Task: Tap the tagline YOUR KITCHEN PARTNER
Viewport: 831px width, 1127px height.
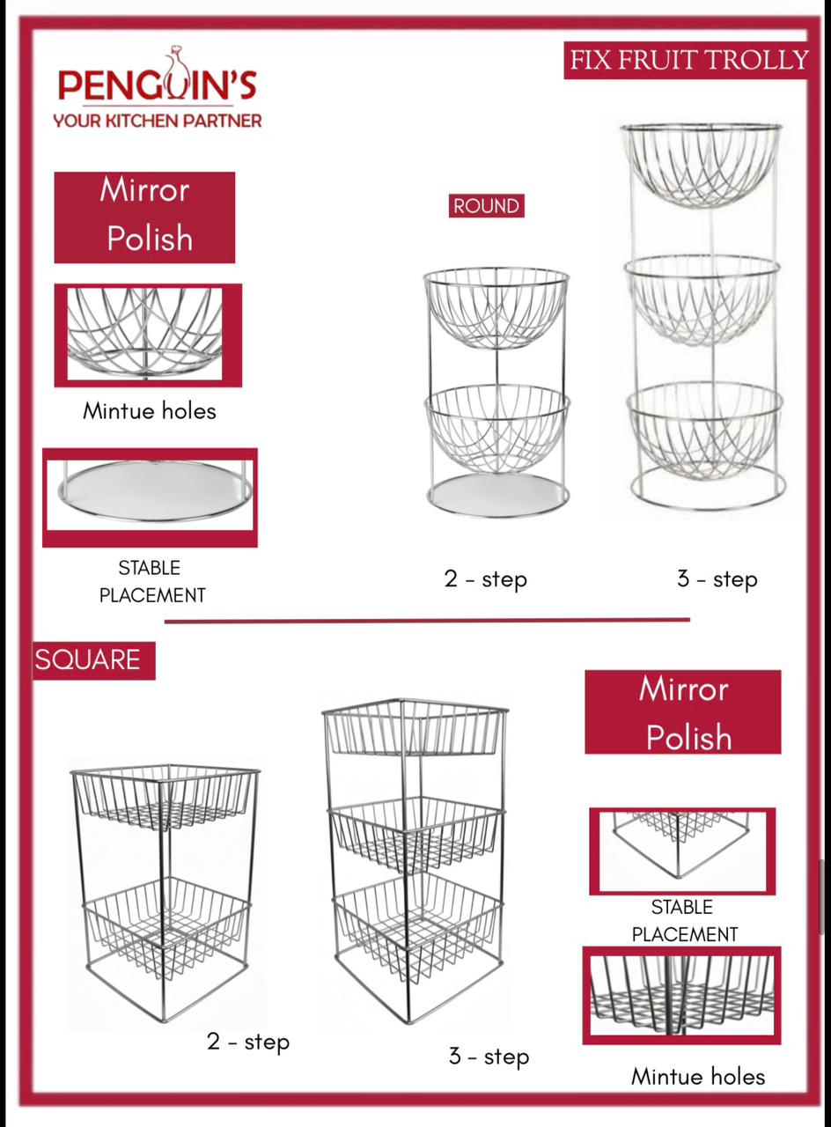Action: (x=158, y=121)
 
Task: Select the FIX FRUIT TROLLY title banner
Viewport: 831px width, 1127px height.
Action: (x=688, y=60)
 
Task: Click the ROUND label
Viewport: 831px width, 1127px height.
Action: (x=487, y=206)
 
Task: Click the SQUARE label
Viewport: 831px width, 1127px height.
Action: (x=94, y=660)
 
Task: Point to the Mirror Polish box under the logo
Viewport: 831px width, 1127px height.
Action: (x=144, y=217)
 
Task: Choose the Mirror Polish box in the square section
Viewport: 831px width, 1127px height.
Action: (x=682, y=712)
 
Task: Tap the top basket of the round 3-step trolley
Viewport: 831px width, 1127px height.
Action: (x=702, y=166)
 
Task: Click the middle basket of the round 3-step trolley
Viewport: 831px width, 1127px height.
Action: (x=702, y=301)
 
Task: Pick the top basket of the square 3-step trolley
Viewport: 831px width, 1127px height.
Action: (x=415, y=727)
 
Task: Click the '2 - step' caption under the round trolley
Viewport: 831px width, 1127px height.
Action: (x=485, y=579)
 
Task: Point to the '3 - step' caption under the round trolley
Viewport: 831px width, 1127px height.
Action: (x=717, y=579)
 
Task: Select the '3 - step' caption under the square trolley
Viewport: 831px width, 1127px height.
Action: (x=489, y=1056)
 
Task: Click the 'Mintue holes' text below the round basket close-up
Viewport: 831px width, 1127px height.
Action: (x=150, y=411)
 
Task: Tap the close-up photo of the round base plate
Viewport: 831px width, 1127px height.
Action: (x=150, y=497)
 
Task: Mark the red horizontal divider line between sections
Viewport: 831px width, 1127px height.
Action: (x=427, y=621)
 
